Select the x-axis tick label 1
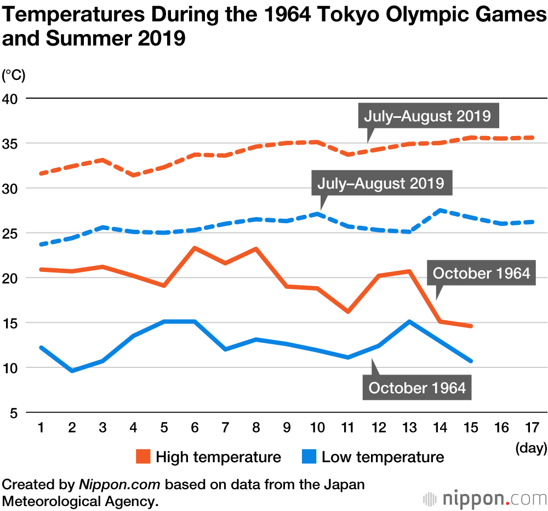tap(41, 428)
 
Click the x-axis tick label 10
tap(317, 428)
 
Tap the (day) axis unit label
tap(531, 448)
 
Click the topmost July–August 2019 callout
tap(427, 116)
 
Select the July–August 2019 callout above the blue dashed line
tap(381, 183)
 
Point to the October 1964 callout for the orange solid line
tap(482, 273)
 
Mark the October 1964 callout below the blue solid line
tap(417, 388)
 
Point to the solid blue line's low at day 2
tap(71, 371)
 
